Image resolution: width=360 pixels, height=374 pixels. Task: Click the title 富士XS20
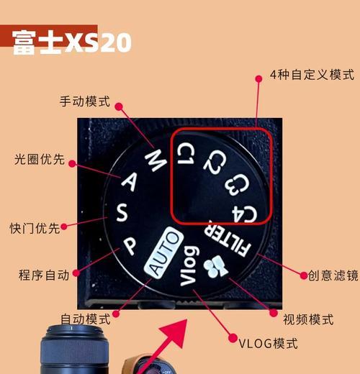[71, 42]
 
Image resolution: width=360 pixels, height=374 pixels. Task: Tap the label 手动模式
[84, 101]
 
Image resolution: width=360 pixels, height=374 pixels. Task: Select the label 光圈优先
[40, 160]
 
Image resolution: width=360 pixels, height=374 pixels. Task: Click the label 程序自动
[43, 274]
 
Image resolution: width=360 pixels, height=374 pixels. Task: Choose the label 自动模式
[85, 318]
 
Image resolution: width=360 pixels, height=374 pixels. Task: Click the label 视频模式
[307, 319]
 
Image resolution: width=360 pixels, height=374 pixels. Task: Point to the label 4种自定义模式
[312, 75]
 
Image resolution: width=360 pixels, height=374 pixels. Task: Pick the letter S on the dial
[121, 213]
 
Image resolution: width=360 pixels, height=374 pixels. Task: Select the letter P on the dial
[130, 246]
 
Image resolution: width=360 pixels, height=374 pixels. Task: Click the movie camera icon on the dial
[214, 266]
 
